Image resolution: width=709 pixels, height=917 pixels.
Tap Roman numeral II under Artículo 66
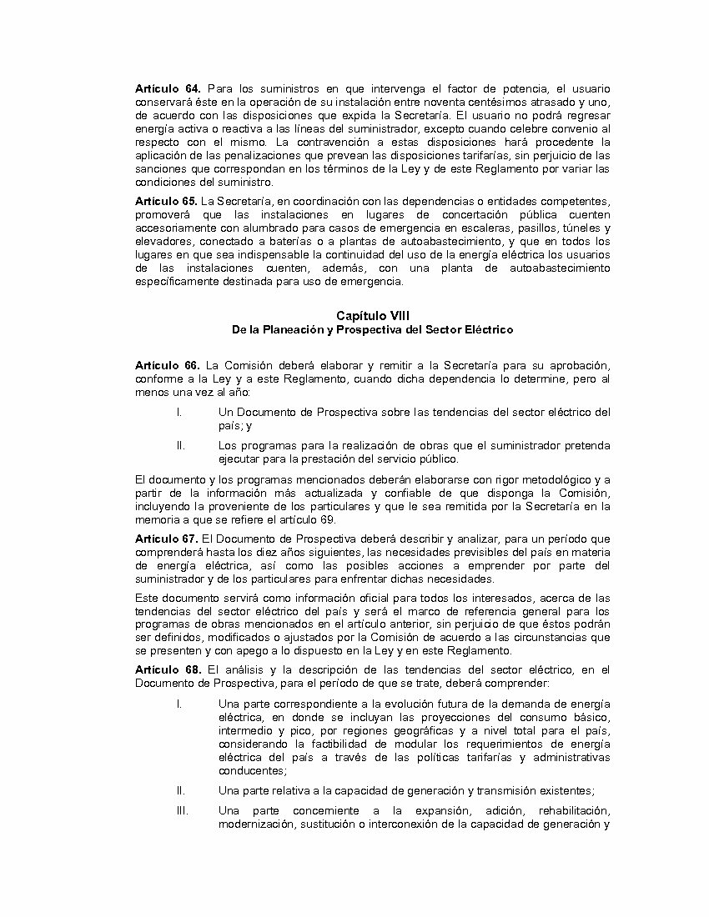point(180,445)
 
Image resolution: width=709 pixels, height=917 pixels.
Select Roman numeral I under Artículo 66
point(179,412)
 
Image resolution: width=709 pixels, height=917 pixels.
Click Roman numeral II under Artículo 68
point(180,790)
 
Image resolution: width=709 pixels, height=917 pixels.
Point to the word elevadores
point(162,241)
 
